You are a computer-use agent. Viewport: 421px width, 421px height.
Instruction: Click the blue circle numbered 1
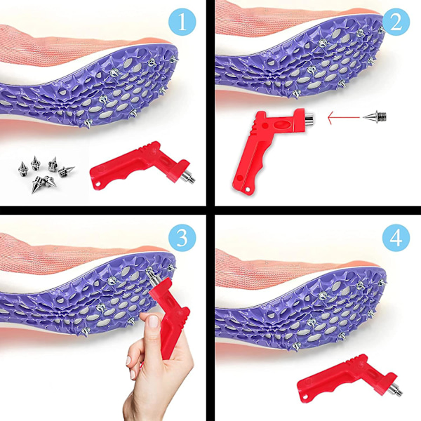[x=182, y=22]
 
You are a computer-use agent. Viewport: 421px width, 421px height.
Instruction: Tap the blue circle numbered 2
[x=396, y=22]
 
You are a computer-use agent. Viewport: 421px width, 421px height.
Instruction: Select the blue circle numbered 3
[x=182, y=238]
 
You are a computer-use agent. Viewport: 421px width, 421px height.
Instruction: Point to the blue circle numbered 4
[x=396, y=238]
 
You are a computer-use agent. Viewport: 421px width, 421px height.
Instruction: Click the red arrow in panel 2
[x=344, y=118]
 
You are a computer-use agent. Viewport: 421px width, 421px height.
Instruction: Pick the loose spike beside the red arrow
[x=375, y=116]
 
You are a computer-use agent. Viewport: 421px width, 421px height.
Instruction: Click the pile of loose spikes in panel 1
[x=46, y=173]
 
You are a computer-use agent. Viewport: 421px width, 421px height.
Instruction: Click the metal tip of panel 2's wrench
[x=309, y=119]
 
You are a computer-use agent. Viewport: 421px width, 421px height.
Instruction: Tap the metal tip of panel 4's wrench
[x=396, y=390]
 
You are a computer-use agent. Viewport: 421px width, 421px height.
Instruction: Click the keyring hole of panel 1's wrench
[x=98, y=185]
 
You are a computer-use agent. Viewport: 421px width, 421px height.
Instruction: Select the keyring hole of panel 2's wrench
[x=247, y=189]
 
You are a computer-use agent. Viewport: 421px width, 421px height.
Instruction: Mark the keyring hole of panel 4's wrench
[x=305, y=398]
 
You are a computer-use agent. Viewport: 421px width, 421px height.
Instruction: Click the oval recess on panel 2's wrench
[x=281, y=125]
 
